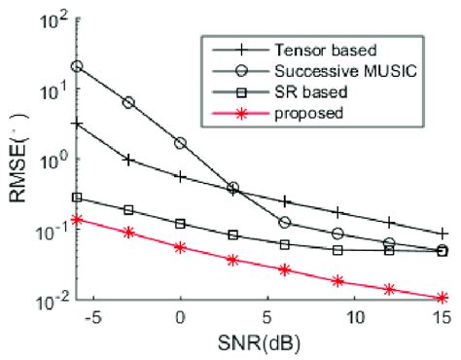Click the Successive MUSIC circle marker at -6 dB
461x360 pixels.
pyautogui.click(x=77, y=66)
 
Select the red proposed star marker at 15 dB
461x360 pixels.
pyautogui.click(x=443, y=298)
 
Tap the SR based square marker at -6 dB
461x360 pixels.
pyautogui.click(x=77, y=198)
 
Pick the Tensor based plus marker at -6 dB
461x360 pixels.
pyautogui.click(x=77, y=125)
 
